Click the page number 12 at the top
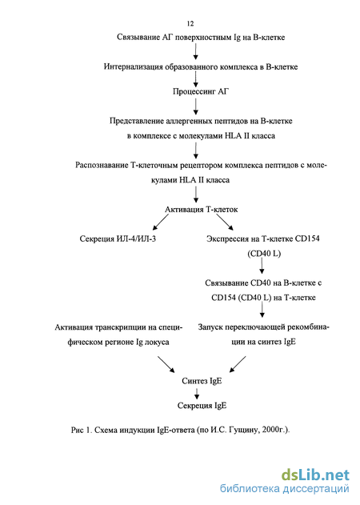(x=190, y=23)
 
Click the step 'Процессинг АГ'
(x=201, y=92)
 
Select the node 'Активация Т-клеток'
(x=202, y=210)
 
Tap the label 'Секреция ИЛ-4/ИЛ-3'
(x=118, y=239)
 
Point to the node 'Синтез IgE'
(x=202, y=381)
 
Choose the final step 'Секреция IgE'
(x=202, y=406)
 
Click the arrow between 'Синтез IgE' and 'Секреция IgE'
(x=197, y=393)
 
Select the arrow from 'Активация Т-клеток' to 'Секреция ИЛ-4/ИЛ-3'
(x=160, y=222)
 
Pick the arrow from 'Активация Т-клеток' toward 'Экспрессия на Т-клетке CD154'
(x=225, y=222)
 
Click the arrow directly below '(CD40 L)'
(x=262, y=266)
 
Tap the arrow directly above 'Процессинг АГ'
(x=195, y=79)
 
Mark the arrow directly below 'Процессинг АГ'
(x=195, y=106)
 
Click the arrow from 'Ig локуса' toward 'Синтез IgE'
(x=166, y=364)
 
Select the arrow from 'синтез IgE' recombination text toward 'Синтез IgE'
(x=238, y=364)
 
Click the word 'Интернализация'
(x=134, y=67)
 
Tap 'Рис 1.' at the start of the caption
(x=82, y=430)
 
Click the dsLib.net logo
(x=315, y=475)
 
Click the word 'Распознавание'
(x=102, y=166)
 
